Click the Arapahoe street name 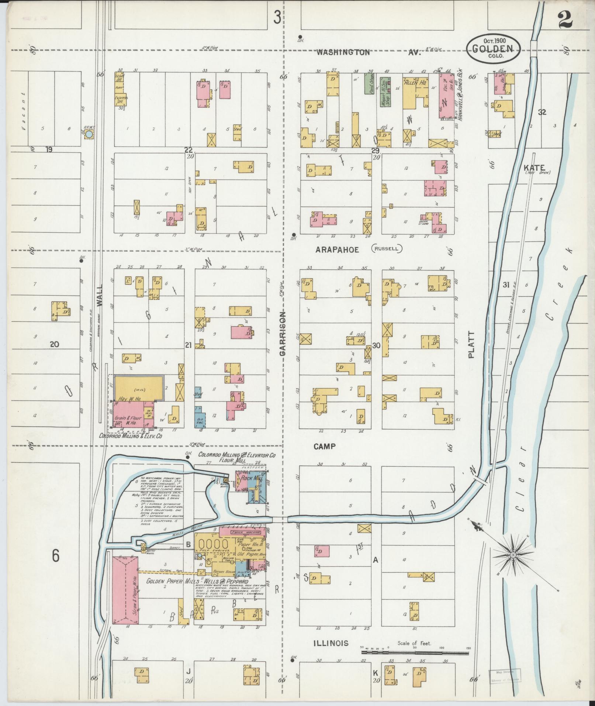pos(337,250)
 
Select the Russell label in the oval pos(386,248)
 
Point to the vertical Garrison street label pos(283,334)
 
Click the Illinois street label pos(331,643)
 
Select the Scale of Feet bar pos(415,653)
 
